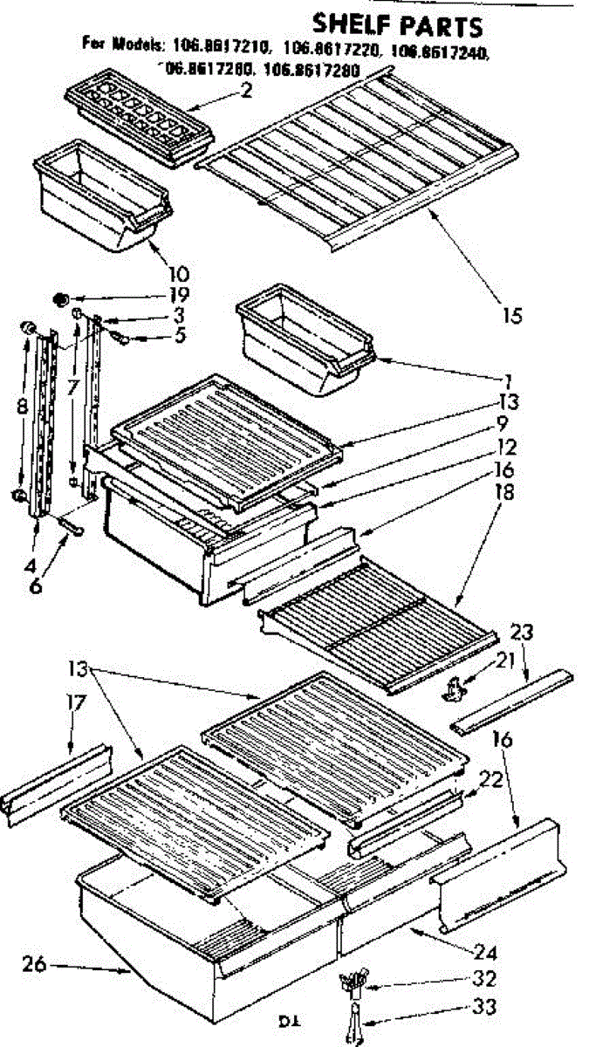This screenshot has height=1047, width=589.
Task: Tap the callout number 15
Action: pyautogui.click(x=513, y=316)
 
